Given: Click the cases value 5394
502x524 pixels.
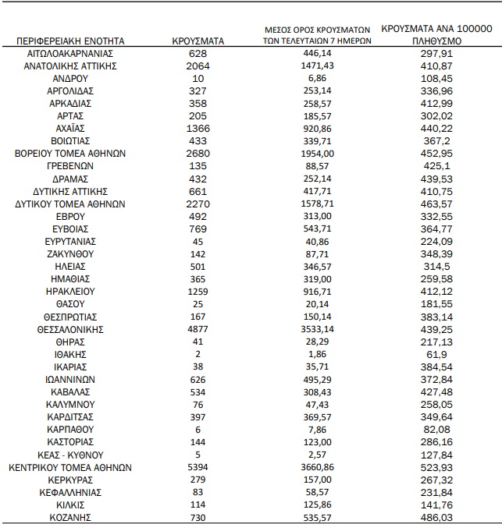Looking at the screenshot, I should [x=198, y=468].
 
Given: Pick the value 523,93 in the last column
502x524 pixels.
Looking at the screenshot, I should [x=435, y=468].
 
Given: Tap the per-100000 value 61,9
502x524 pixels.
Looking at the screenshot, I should [x=435, y=355].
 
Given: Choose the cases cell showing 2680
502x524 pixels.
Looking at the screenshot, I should [x=198, y=154].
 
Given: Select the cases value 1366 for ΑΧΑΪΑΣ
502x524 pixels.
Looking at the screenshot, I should [x=198, y=129].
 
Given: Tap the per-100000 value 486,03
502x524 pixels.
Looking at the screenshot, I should [x=435, y=517].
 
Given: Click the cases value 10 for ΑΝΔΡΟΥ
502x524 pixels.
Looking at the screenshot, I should [x=198, y=79].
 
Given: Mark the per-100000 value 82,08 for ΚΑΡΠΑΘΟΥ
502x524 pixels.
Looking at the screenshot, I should [x=435, y=430].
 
